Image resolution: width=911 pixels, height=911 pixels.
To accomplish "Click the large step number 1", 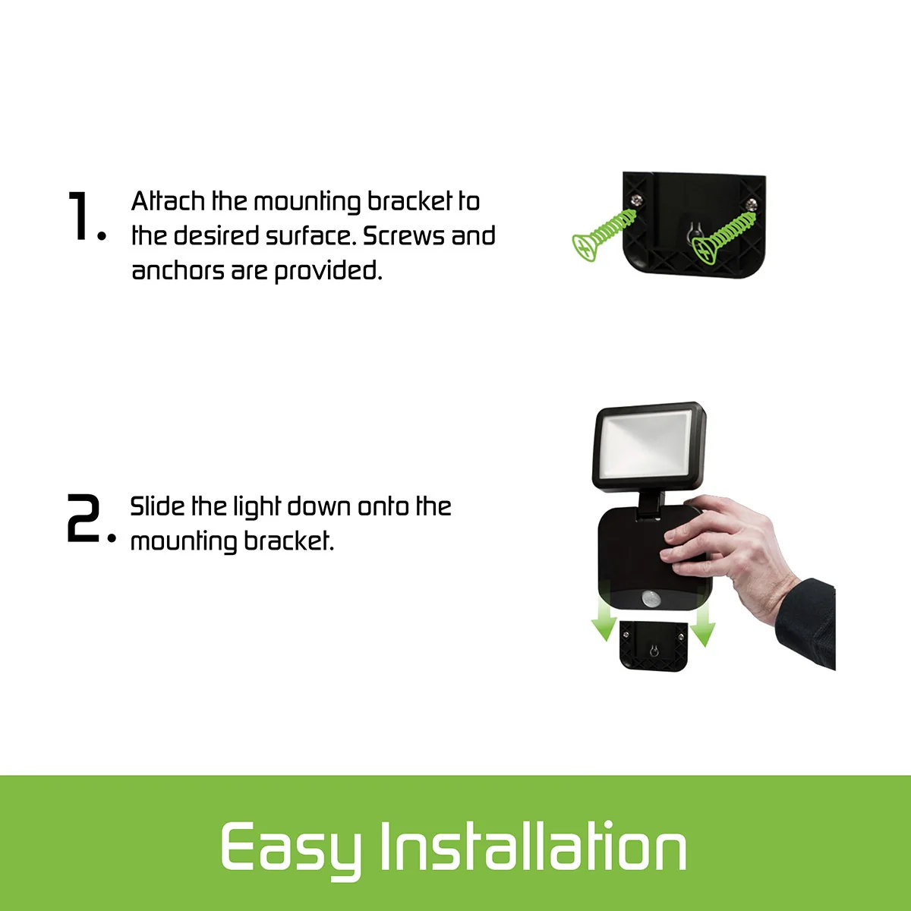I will tap(80, 216).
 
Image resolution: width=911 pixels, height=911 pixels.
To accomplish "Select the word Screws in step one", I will tap(403, 236).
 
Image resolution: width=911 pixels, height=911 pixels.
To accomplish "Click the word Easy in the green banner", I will tap(290, 848).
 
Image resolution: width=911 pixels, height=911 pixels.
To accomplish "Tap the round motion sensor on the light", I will tap(651, 600).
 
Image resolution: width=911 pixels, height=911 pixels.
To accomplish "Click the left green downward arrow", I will tap(604, 620).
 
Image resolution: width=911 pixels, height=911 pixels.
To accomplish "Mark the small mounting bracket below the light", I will tap(653, 645).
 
